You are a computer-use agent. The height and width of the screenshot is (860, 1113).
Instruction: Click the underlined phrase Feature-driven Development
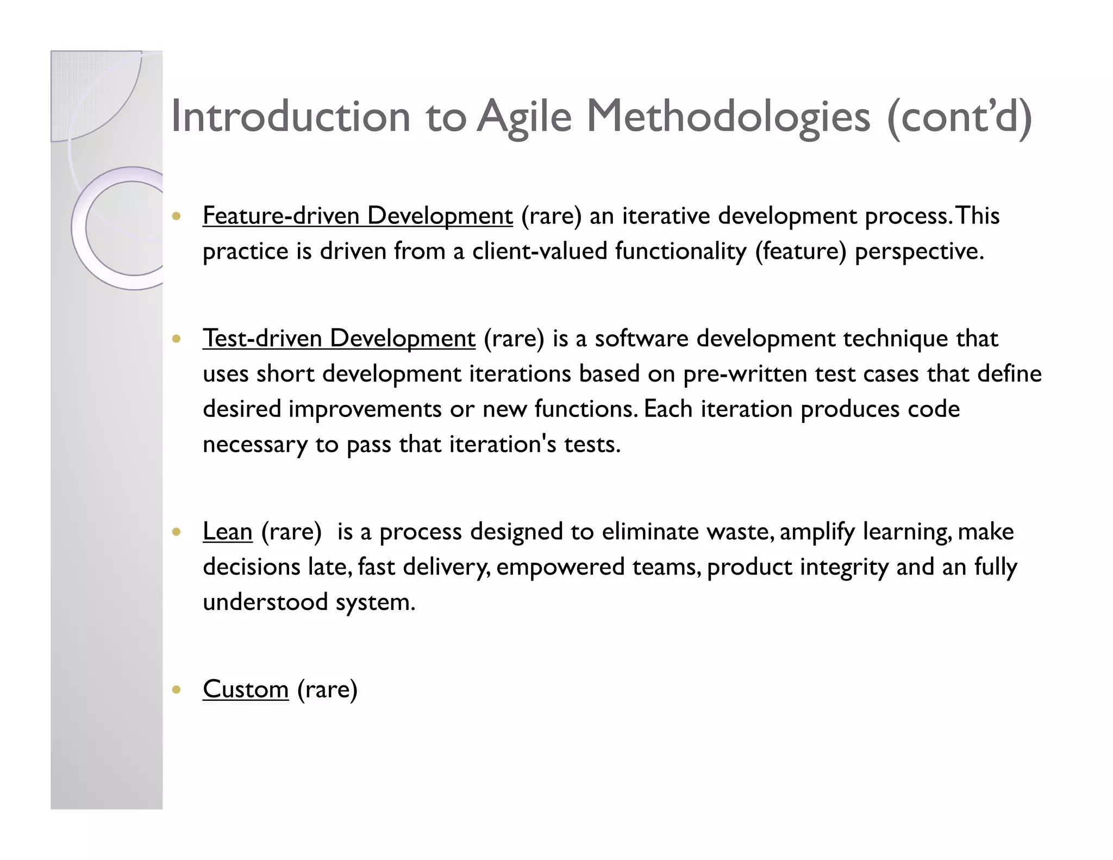click(358, 216)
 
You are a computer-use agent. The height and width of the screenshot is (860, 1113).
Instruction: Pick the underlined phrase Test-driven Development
click(339, 338)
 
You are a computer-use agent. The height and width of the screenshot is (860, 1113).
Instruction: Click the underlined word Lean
click(227, 531)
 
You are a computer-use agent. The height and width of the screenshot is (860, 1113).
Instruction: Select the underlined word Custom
click(245, 689)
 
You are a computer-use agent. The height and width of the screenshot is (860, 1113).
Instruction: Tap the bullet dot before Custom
click(176, 690)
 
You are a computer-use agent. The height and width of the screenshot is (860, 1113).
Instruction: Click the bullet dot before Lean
click(176, 532)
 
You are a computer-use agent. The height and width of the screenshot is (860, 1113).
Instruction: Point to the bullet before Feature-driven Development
click(176, 216)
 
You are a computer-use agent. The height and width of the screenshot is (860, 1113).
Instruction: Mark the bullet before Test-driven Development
click(176, 339)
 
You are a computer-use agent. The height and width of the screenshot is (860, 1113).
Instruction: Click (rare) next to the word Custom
click(327, 689)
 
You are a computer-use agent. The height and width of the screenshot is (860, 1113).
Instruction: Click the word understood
click(265, 602)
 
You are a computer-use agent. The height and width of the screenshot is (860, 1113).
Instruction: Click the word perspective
click(918, 251)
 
